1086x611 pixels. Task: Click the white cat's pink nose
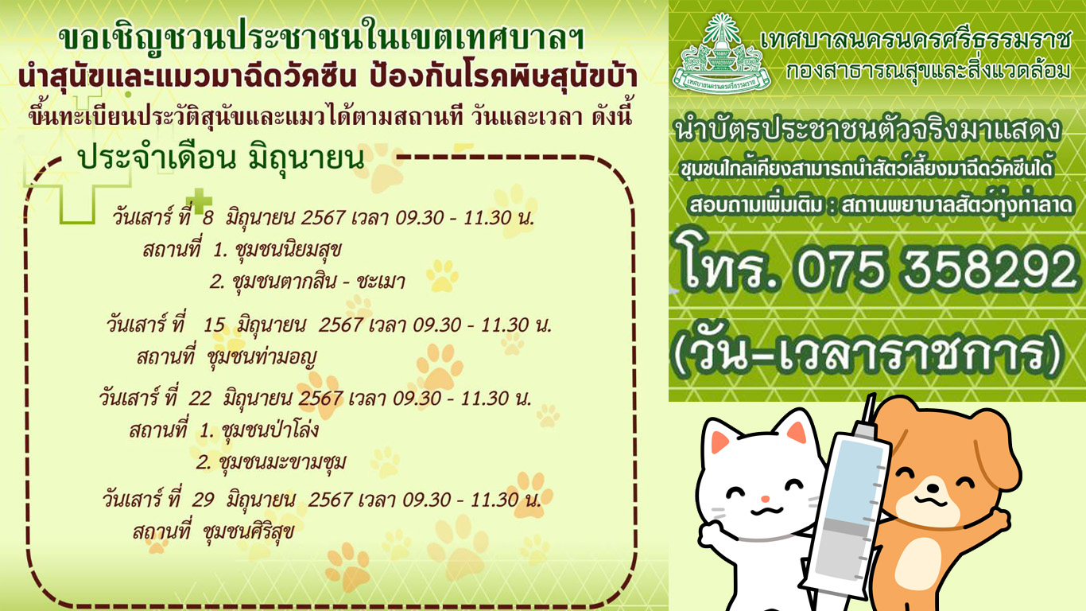tap(765, 499)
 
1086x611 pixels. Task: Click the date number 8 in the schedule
tap(208, 218)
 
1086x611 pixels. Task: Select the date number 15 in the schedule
tap(214, 325)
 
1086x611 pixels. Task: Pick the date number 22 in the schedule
tap(200, 399)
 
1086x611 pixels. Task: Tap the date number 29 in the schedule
tap(203, 500)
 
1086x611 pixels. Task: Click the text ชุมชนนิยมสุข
tap(288, 251)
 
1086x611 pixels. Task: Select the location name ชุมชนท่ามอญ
tap(262, 358)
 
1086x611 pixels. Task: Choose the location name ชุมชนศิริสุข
tap(249, 531)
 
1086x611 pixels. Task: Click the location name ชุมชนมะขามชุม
tap(283, 462)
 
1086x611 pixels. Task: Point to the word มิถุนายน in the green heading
tap(306, 158)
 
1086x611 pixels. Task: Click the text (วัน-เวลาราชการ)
tap(868, 356)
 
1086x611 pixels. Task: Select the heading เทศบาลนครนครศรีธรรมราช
tap(915, 39)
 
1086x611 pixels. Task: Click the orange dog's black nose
tap(930, 487)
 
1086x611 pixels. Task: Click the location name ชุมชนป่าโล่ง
tap(270, 430)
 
